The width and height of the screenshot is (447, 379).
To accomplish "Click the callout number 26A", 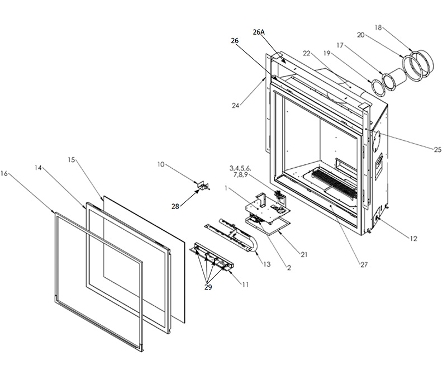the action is [x=259, y=32].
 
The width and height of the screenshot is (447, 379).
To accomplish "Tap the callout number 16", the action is [x=4, y=173].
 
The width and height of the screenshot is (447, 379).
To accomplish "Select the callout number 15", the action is [x=72, y=160].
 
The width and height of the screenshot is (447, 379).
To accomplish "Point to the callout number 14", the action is [x=38, y=168].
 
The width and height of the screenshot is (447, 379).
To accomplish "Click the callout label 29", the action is [x=208, y=287].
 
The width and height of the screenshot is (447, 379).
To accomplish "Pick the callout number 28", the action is [x=175, y=206].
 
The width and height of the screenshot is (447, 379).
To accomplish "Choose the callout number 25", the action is [x=438, y=149].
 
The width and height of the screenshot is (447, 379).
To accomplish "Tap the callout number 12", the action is [x=413, y=238].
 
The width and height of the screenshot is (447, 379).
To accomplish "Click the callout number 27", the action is [x=364, y=265].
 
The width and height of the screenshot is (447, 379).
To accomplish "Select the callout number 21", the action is [x=304, y=254].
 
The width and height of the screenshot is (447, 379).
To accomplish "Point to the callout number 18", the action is [x=378, y=27].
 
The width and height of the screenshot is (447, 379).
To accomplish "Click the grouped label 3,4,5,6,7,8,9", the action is [x=240, y=172].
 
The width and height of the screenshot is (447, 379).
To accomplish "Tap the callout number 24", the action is [x=235, y=106].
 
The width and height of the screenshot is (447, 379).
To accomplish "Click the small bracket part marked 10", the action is [x=203, y=186].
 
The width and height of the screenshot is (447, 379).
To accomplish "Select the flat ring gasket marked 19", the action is [x=378, y=87].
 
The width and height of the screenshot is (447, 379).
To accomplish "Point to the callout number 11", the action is [x=245, y=285].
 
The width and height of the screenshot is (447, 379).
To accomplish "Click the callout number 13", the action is [x=267, y=264].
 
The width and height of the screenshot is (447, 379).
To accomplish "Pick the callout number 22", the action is [x=306, y=53].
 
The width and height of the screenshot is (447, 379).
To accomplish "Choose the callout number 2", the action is [x=289, y=268].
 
